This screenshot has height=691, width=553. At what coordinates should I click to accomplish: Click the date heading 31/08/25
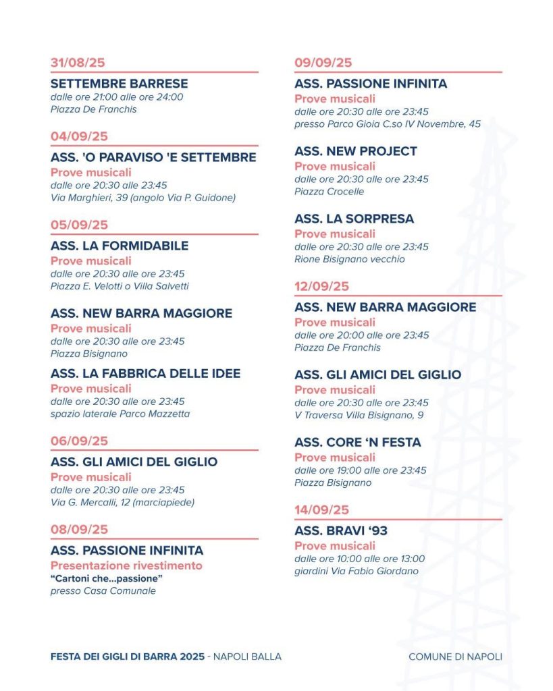click(78, 63)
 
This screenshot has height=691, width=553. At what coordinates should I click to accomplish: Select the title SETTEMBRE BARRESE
click(119, 84)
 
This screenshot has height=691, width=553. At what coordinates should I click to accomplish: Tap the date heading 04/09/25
click(79, 136)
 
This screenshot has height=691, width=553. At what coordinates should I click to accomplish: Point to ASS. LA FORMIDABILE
click(120, 246)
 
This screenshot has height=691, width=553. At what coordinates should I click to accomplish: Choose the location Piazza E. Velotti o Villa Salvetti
click(120, 286)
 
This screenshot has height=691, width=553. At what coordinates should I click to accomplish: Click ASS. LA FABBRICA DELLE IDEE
click(145, 373)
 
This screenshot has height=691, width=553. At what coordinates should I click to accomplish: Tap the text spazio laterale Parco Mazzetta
click(120, 414)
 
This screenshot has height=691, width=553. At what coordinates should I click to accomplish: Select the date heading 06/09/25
click(79, 441)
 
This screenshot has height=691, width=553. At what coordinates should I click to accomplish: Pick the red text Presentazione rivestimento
click(126, 565)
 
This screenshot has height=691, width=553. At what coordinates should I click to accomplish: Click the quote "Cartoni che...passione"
click(107, 578)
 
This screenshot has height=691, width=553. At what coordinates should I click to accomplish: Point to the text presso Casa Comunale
click(103, 591)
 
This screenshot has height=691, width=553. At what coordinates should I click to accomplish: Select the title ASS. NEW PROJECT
click(356, 151)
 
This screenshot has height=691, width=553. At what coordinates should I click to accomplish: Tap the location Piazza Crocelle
click(329, 192)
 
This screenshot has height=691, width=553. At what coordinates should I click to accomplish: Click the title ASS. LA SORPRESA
click(354, 219)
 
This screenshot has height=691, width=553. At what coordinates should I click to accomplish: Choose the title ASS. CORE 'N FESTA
click(357, 442)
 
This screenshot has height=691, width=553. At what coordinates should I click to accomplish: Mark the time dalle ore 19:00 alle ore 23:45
click(361, 470)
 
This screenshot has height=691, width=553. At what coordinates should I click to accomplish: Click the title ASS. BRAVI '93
click(341, 531)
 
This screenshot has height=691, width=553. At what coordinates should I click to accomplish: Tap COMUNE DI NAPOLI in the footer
click(455, 657)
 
